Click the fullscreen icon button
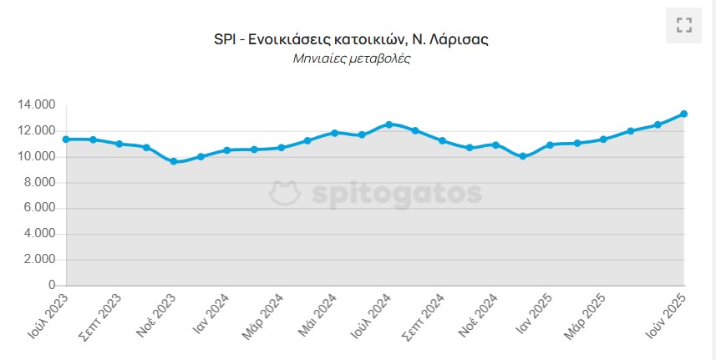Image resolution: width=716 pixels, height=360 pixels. coord(684,25)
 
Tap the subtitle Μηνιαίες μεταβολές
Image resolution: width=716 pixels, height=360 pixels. coord(352,59)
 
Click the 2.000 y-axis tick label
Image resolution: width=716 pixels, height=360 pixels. coord(38,260)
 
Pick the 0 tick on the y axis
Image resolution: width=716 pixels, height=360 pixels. coord(51,286)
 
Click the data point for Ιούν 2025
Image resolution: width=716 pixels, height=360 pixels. coord(683,114)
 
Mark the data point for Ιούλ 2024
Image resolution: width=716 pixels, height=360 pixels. coord(388,124)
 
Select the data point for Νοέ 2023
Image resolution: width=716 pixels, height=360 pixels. coord(174,161)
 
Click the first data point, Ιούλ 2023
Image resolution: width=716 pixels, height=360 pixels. coord(65,139)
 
